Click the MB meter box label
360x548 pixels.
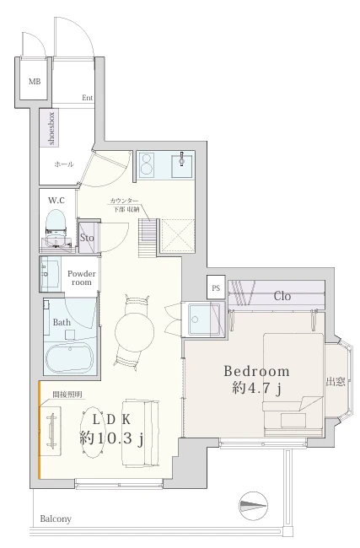pos(35,82)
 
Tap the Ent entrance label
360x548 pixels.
pos(88,98)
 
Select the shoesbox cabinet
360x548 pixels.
pos(49,127)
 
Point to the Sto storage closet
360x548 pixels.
pos(87,237)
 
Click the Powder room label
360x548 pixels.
pos(82,278)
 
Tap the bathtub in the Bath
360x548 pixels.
pos(69,357)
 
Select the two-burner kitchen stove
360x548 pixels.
pos(147,164)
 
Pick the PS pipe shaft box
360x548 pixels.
pos(216,287)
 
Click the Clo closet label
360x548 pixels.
pos(282,297)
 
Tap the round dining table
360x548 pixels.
pos(135,330)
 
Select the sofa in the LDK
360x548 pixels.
pos(140,432)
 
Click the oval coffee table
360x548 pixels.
pos(94,432)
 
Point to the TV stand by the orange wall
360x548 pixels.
pos(51,430)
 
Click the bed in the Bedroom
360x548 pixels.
pos(293,384)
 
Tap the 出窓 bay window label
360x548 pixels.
pos(336,382)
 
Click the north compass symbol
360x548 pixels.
pos(253,506)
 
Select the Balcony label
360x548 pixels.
pos(56,519)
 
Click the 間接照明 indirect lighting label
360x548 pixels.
pos(67,395)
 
